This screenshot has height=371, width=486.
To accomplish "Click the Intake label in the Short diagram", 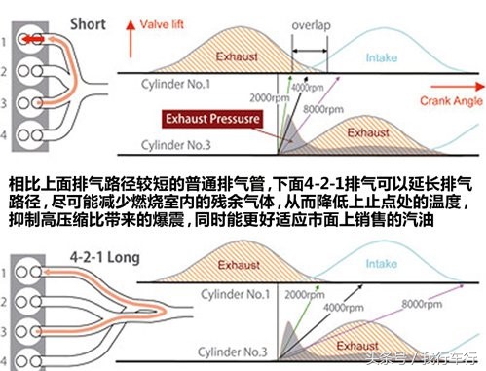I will tap(381, 57).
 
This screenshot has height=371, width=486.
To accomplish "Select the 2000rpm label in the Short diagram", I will tap(269, 98).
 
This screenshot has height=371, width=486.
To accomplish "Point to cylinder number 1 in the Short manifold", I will tap(8, 40).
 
